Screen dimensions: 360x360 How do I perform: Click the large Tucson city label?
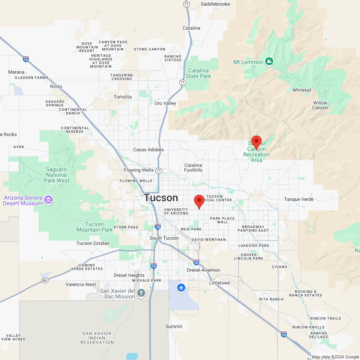[161, 198]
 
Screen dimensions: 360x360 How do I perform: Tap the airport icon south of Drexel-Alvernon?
[182, 288]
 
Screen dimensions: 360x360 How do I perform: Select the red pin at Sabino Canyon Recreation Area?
[256, 142]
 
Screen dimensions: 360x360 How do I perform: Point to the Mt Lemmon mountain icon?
[270, 62]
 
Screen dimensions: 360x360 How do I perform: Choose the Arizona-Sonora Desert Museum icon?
[49, 199]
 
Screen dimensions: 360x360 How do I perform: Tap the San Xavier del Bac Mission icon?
[141, 293]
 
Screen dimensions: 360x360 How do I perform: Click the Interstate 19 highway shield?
[154, 266]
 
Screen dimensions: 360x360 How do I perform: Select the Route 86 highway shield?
[45, 280]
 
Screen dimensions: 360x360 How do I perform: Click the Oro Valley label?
[165, 103]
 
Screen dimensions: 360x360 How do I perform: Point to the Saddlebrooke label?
[215, 4]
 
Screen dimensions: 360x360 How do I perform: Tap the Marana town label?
[16, 72]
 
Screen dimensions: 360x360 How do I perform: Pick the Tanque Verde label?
[298, 199]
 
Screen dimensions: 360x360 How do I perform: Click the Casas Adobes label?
[148, 150]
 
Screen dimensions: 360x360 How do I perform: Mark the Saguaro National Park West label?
[57, 175]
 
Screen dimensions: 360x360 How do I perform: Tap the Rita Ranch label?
[271, 299]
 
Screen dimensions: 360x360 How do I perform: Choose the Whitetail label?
[302, 90]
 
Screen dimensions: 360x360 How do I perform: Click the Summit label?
[174, 326]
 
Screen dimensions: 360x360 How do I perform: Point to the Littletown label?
[220, 283]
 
